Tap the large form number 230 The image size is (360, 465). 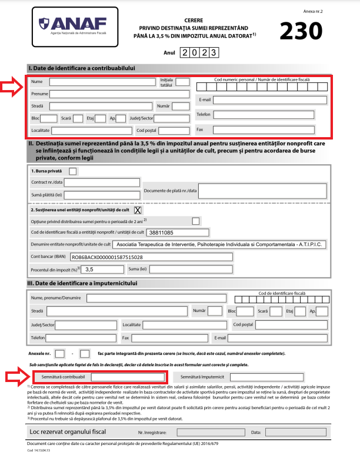(x=301, y=30)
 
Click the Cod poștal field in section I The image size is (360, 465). (x=174, y=130)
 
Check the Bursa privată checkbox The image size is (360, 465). (x=73, y=171)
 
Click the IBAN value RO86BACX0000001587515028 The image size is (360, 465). (x=106, y=257)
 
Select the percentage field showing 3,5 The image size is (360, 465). (x=102, y=270)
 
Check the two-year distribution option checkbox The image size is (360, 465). (x=195, y=221)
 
